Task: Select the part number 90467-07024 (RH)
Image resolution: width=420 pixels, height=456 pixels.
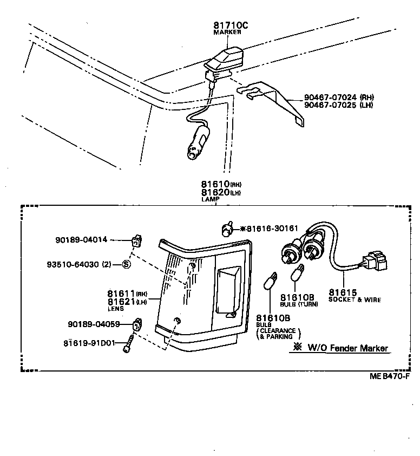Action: pos(339,97)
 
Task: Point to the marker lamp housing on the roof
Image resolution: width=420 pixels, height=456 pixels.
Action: pos(226,59)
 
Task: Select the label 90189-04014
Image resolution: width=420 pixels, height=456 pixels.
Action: pos(81,239)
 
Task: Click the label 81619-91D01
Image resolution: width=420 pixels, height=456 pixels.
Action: pos(89,343)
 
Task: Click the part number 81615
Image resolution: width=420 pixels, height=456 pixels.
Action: pos(342,292)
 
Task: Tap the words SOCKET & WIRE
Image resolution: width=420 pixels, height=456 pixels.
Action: pos(355,299)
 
